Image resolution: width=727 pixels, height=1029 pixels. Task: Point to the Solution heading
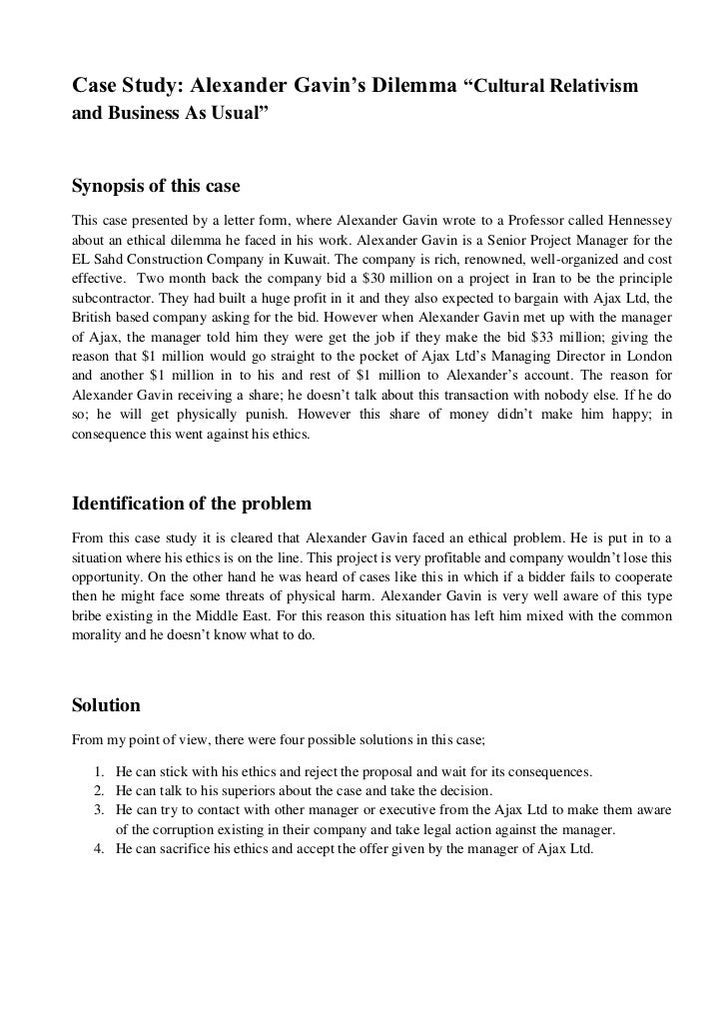coord(106,705)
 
